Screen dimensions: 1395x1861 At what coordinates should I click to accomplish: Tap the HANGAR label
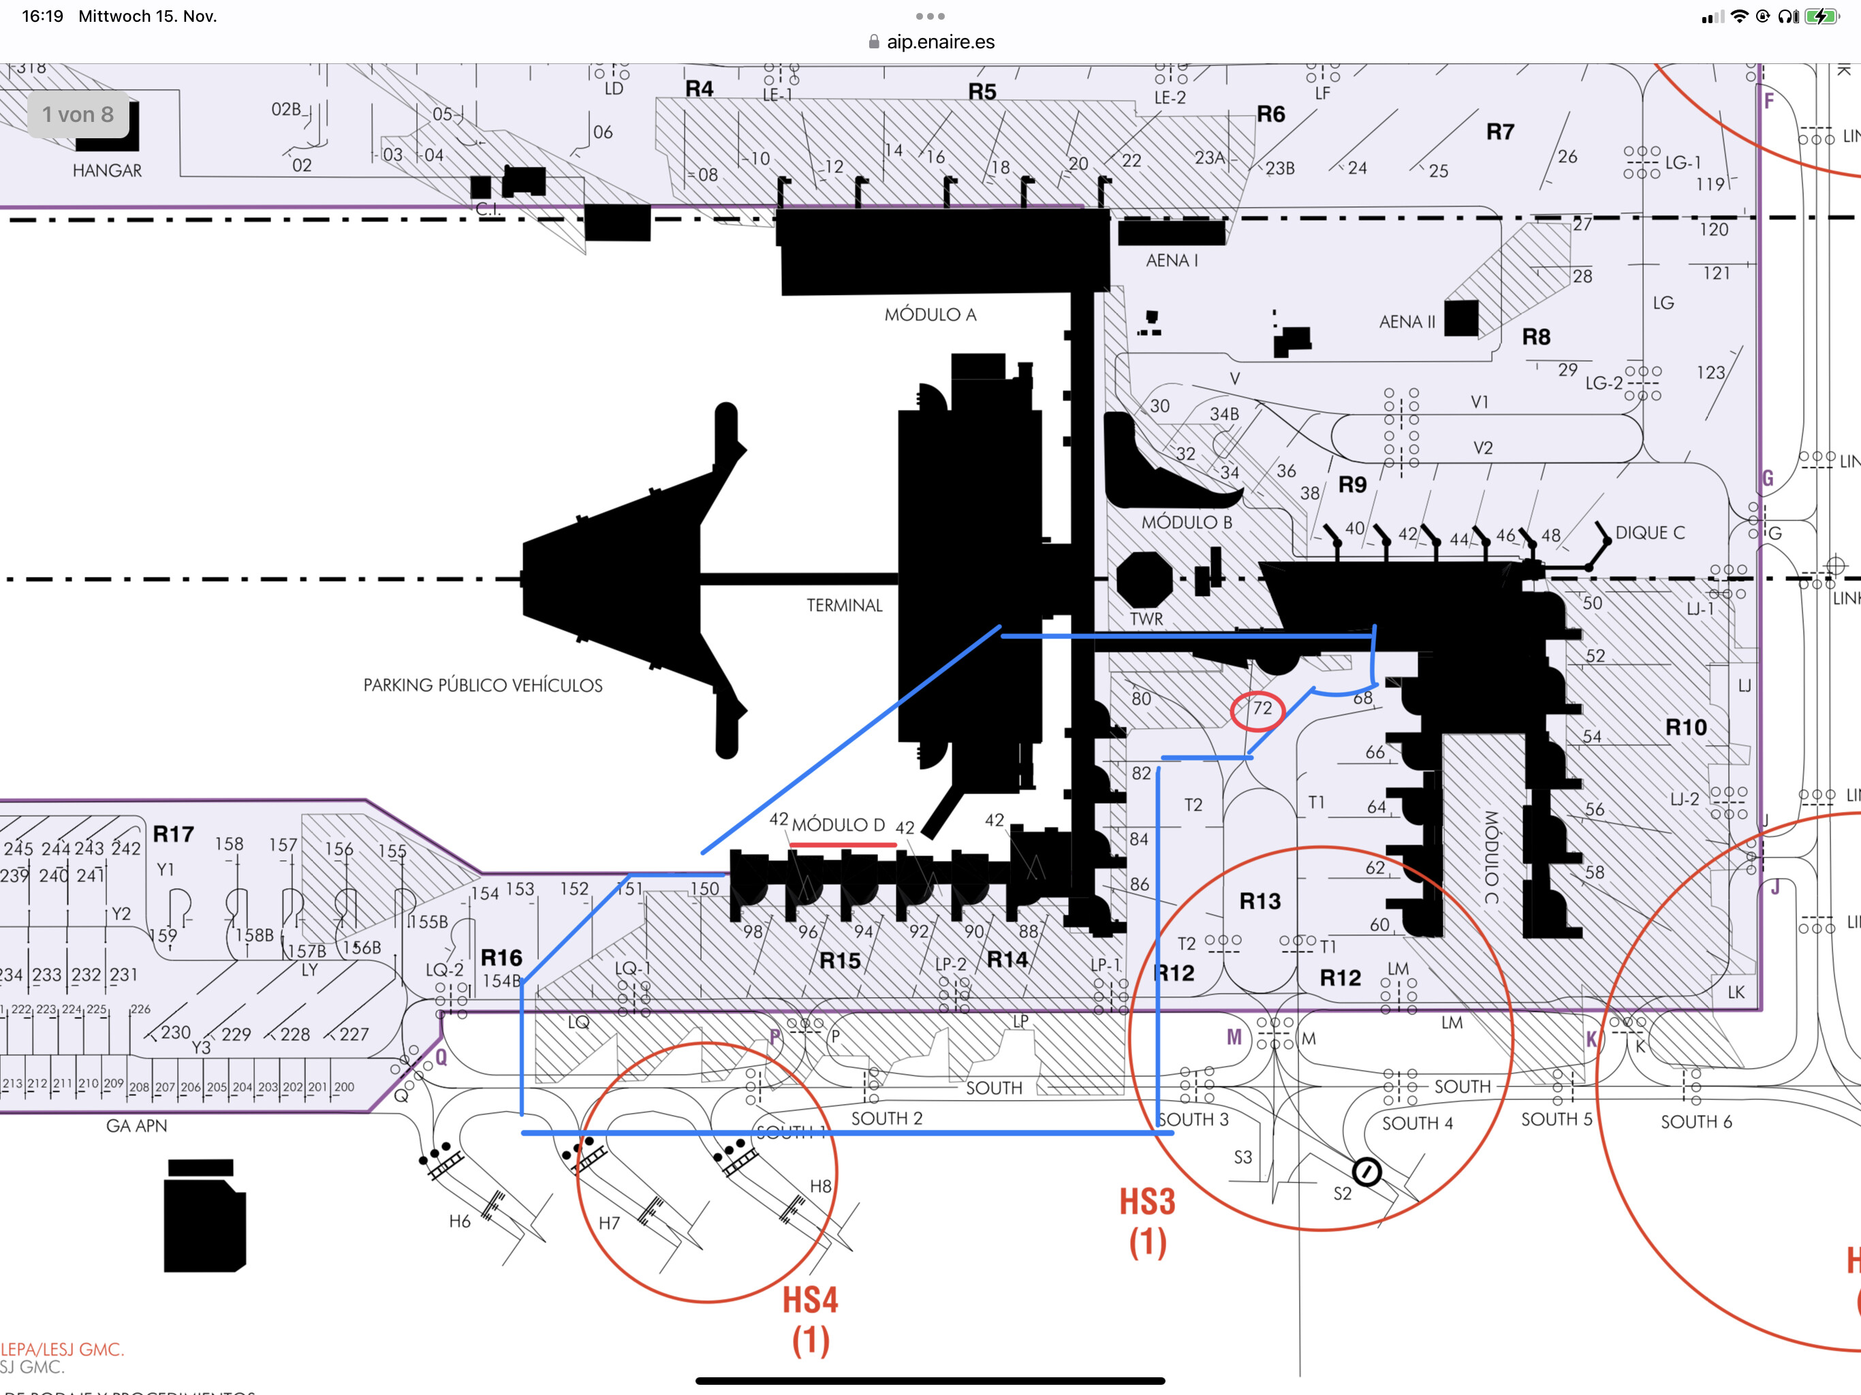coord(107,170)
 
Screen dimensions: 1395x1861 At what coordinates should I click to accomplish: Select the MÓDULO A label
coord(930,315)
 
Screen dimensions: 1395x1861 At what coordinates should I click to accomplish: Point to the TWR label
coord(1146,618)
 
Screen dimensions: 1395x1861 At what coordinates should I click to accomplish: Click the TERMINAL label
coord(844,605)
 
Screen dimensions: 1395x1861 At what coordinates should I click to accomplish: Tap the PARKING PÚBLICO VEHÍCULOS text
coord(482,685)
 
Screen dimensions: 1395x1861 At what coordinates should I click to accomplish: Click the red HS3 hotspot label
coord(1146,1202)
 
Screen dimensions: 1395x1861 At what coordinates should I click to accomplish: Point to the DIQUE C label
coord(1650,533)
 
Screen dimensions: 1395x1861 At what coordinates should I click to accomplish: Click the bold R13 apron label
coord(1260,901)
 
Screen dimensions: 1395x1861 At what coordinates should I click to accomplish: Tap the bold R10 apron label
coord(1686,727)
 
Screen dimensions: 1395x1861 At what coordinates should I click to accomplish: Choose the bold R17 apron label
coord(173,834)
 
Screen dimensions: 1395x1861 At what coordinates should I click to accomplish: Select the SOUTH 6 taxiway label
coord(1695,1122)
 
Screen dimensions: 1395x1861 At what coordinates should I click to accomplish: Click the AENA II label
coord(1407,322)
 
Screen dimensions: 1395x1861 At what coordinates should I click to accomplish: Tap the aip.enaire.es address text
coord(940,42)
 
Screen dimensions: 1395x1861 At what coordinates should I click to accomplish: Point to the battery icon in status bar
coord(1821,16)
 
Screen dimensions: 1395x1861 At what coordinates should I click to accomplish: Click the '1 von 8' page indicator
coord(78,114)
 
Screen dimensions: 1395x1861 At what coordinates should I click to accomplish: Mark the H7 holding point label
coord(608,1223)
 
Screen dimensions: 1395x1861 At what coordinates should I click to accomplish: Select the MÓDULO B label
coord(1186,522)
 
